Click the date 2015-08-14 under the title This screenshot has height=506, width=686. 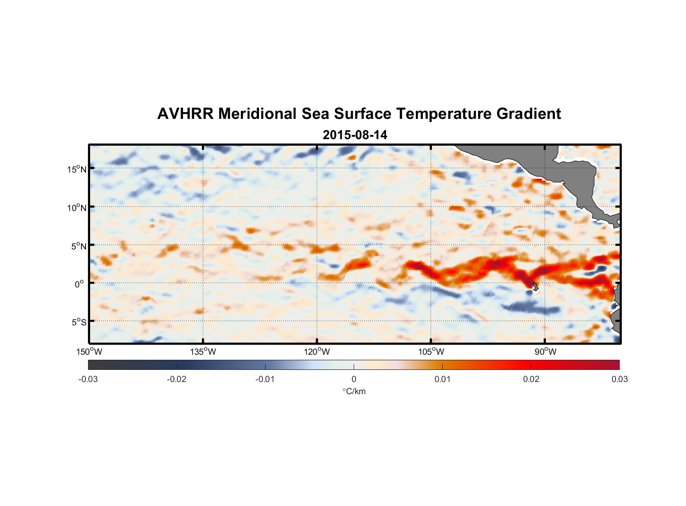click(x=355, y=135)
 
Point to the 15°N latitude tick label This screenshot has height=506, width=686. click(x=76, y=169)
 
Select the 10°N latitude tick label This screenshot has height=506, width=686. click(x=76, y=207)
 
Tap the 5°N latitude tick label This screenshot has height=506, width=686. click(x=78, y=246)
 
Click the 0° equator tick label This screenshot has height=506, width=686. click(x=79, y=284)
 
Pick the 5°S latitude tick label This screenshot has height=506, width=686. click(x=78, y=322)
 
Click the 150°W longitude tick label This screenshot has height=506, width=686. click(x=89, y=352)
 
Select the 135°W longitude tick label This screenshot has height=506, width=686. click(x=203, y=352)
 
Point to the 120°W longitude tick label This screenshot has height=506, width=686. click(x=317, y=352)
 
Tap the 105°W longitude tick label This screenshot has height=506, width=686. click(x=431, y=352)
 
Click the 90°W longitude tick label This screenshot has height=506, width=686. click(x=545, y=352)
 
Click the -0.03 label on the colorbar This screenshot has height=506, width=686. click(x=88, y=379)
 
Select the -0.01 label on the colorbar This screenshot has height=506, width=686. click(x=265, y=379)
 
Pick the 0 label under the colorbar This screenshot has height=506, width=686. click(x=354, y=379)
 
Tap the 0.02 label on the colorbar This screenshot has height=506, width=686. click(x=531, y=379)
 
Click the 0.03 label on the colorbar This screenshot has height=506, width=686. click(x=619, y=379)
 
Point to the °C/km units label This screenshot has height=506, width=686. click(x=354, y=391)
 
